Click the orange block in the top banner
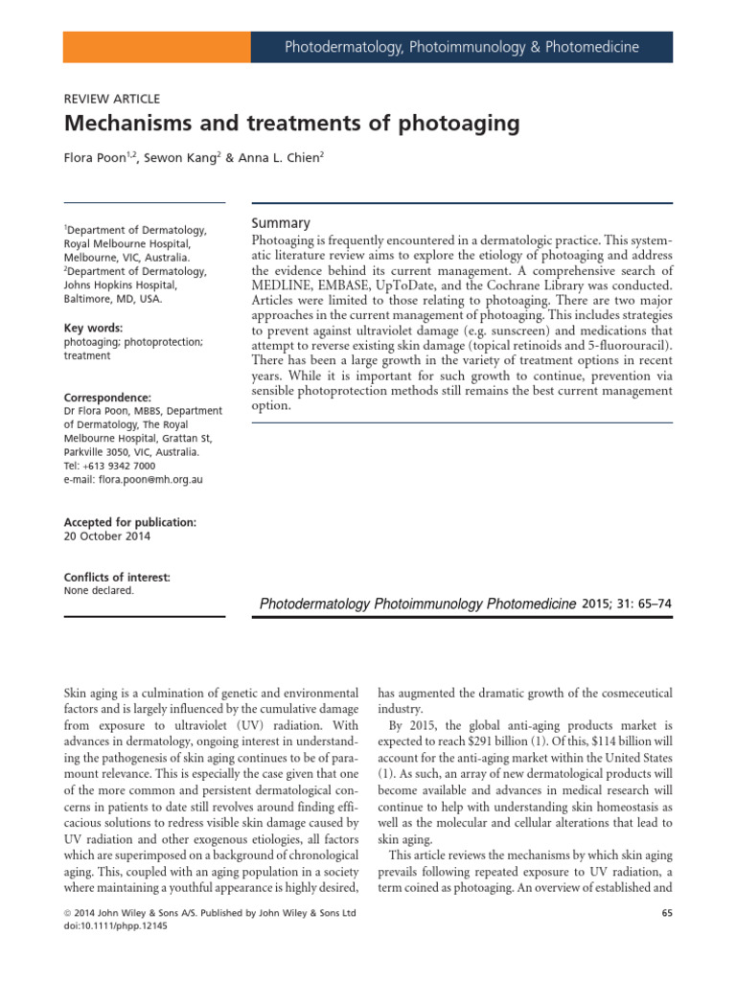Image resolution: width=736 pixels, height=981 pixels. [x=156, y=46]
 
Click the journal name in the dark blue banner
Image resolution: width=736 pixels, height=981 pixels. [x=462, y=46]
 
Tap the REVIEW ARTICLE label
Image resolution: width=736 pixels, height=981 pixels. [x=111, y=99]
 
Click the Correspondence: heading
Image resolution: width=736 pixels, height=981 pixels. [x=108, y=397]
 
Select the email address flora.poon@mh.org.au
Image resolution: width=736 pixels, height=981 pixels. [x=157, y=479]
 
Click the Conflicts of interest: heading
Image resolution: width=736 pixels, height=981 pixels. [x=117, y=577]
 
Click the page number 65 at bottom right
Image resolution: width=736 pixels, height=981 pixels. [x=665, y=914]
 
